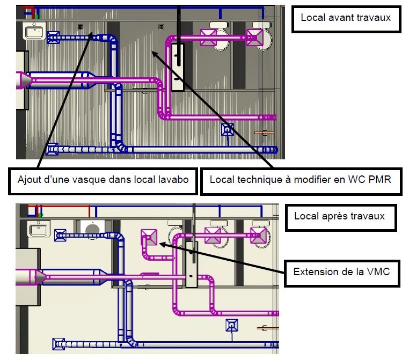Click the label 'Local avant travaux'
coord(345,18)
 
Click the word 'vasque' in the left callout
coord(106,180)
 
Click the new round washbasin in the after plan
coord(92,229)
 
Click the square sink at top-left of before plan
coord(34,31)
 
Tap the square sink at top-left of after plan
coord(39,230)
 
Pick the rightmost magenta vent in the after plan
coord(259,236)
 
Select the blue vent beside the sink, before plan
coord(53,37)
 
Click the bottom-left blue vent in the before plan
coord(52,149)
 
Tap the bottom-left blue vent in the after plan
coord(58,344)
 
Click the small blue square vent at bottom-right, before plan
coord(228,129)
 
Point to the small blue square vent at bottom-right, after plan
coord(231,325)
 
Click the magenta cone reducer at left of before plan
coord(23,80)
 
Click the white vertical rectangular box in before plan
coord(178,67)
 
